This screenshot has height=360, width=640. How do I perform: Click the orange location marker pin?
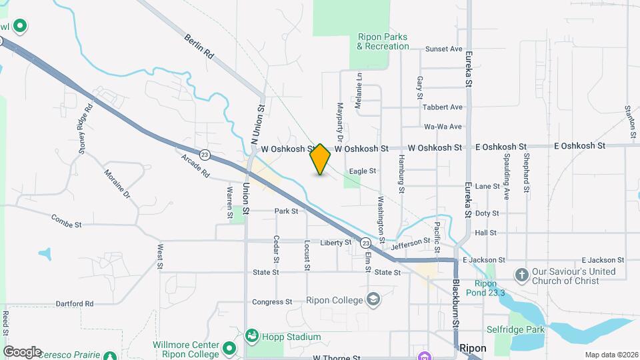point(321,159)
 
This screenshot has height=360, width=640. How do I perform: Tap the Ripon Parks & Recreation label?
point(383,42)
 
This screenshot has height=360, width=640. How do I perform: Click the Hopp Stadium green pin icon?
point(252,335)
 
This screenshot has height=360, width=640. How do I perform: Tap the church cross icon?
point(523,273)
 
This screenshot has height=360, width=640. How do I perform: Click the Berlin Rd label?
point(198,46)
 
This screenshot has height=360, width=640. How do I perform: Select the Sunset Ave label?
point(443,49)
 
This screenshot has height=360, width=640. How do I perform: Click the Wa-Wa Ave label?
point(443,127)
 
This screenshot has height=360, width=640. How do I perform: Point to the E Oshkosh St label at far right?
point(579,145)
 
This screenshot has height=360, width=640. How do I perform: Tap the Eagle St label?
point(363,171)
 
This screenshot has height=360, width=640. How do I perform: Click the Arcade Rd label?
point(195,166)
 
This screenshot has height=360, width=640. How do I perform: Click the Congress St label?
point(273,302)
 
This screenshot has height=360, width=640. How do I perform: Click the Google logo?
point(21,352)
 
